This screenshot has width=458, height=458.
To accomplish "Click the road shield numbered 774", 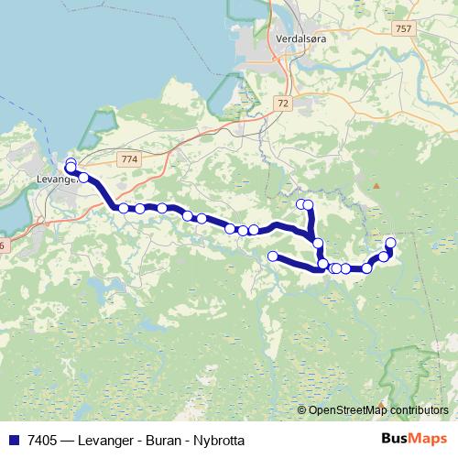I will pyautogui.click(x=129, y=159).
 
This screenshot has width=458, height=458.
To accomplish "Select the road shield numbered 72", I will pyautogui.click(x=282, y=104).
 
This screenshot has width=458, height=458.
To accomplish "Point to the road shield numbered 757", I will pyautogui.click(x=403, y=29).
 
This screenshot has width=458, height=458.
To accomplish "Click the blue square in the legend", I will pyautogui.click(x=14, y=441).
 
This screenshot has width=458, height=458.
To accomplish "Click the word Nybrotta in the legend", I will pyautogui.click(x=219, y=441).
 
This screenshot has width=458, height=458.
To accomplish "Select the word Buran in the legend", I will pyautogui.click(x=164, y=441).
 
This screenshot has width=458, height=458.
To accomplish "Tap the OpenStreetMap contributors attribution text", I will pyautogui.click(x=378, y=410).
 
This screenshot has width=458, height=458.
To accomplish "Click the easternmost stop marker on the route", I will pyautogui.click(x=391, y=242).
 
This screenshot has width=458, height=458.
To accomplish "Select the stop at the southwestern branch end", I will pyautogui.click(x=272, y=256).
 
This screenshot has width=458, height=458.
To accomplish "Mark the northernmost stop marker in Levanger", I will pyautogui.click(x=71, y=163).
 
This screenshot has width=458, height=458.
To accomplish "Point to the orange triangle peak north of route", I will pyautogui.click(x=375, y=186).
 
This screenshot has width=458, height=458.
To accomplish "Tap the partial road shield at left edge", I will pyautogui.click(x=3, y=245).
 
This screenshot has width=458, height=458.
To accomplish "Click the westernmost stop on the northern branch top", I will pyautogui.click(x=300, y=203).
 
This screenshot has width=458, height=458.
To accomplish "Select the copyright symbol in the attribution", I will pyautogui.click(x=302, y=410).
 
